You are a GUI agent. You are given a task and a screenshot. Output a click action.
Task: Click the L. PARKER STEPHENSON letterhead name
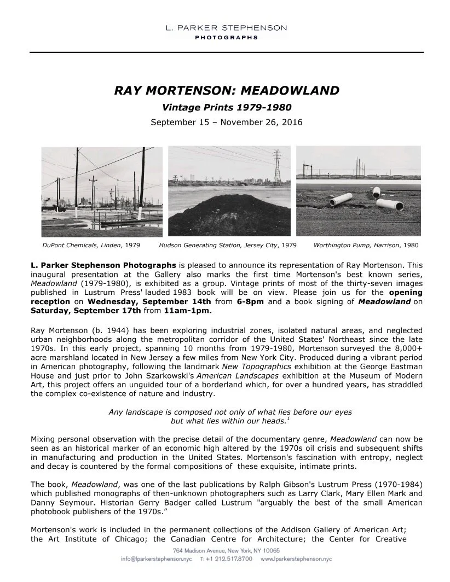(x=226, y=27)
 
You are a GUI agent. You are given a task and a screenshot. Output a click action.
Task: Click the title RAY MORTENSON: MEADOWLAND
(x=226, y=90)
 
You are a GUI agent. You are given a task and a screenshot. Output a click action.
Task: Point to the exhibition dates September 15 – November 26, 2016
(x=226, y=122)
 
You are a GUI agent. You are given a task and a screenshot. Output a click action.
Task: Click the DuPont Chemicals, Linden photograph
(x=102, y=191)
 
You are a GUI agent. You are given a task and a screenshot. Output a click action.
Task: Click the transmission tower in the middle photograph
(x=277, y=165)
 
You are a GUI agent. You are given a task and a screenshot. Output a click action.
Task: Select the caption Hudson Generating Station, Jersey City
(x=228, y=246)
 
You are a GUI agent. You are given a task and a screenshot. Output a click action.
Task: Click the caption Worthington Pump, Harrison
(x=366, y=246)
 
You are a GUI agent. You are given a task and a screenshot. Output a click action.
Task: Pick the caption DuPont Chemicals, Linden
(x=91, y=246)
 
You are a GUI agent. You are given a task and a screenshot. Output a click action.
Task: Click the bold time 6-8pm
(x=240, y=301)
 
